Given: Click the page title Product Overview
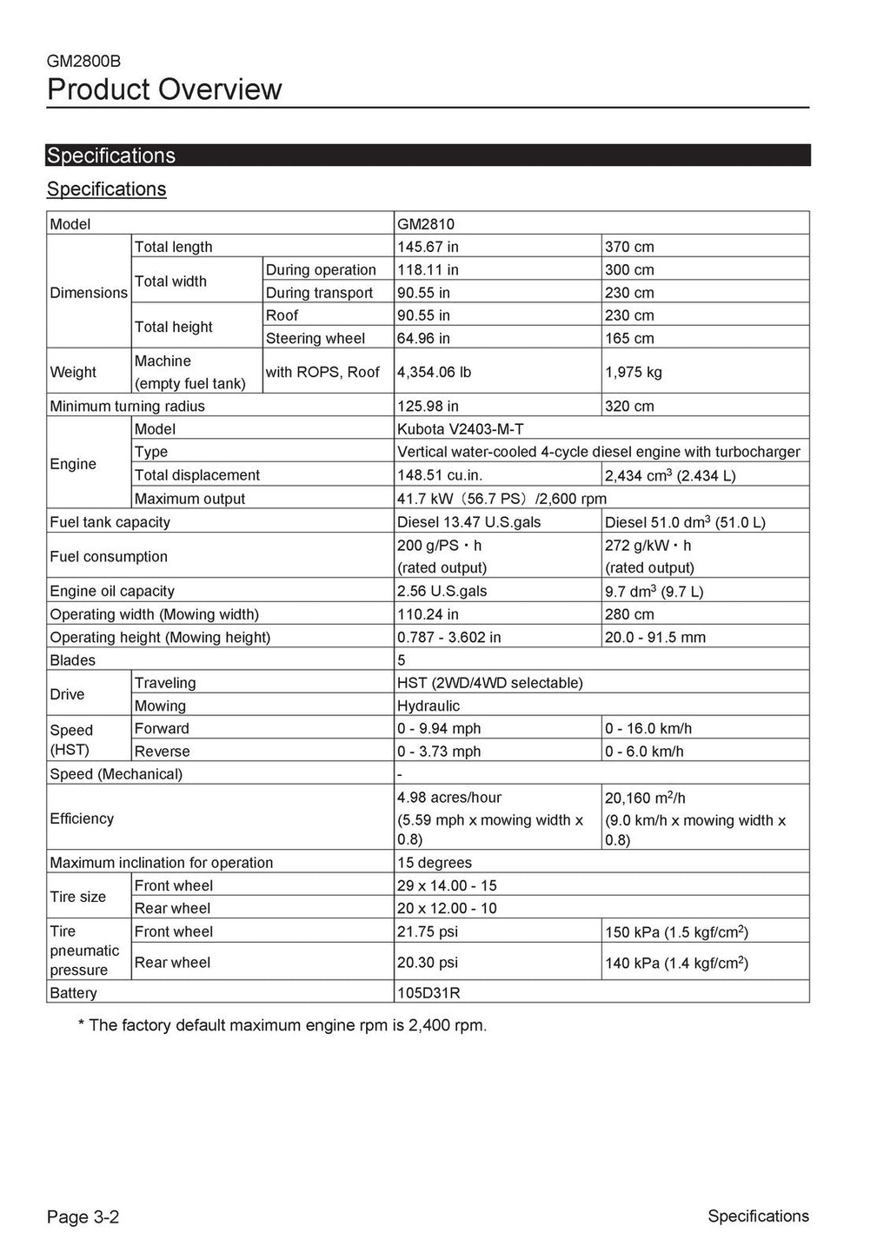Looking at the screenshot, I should [x=164, y=89].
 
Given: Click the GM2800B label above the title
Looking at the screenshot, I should [x=84, y=62].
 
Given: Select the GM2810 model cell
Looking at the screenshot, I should [x=426, y=224].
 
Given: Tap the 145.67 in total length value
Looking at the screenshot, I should [x=428, y=247].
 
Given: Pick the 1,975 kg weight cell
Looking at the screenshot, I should [x=634, y=372].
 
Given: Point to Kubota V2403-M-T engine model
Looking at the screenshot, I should [x=460, y=429].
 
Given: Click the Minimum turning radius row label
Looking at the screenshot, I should [x=128, y=406].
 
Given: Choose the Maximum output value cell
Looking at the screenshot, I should [x=501, y=499].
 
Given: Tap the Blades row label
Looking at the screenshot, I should [x=73, y=660].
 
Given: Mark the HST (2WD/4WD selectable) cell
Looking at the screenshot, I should [x=489, y=683].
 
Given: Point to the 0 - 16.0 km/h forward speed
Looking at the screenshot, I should [x=648, y=728].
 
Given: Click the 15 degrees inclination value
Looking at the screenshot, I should [x=435, y=863].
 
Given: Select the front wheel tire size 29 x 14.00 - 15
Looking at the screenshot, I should [x=448, y=885].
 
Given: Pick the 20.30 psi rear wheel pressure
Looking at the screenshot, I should [x=428, y=962].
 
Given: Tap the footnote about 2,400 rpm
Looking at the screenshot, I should [x=282, y=1025].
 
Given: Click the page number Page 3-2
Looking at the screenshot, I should [x=83, y=1216].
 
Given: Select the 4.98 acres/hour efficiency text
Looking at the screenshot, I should [x=449, y=798].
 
